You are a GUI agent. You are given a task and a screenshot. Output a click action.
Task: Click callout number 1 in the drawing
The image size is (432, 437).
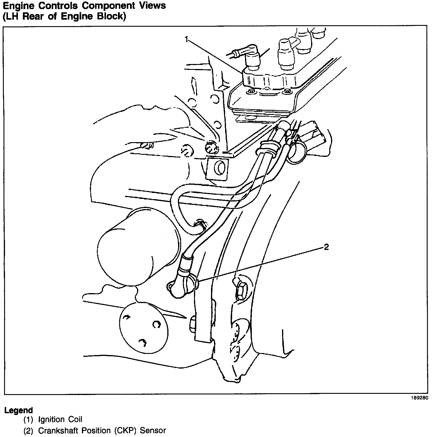pos(186,39)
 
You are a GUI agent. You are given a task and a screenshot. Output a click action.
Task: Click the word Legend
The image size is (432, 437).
pos(18,410)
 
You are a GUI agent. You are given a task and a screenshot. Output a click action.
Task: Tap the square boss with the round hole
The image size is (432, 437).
pos(217,169)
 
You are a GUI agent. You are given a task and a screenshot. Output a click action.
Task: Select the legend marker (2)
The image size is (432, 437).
pos(28,431)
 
